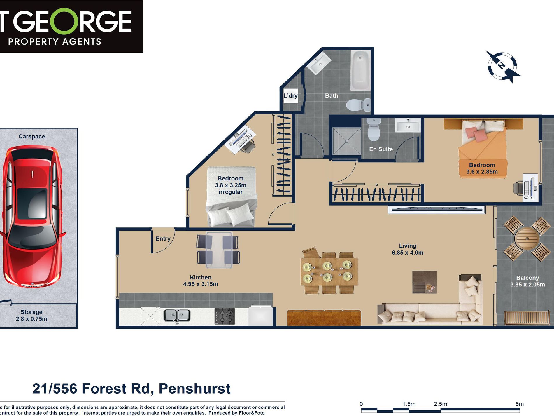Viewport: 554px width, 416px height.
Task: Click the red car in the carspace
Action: click(x=32, y=216)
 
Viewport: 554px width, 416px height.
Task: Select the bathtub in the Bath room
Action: click(x=361, y=71)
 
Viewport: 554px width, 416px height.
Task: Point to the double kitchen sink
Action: click(x=177, y=316)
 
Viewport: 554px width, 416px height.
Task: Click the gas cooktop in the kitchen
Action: click(x=225, y=316)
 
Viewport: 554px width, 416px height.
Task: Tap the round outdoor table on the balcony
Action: click(x=527, y=239)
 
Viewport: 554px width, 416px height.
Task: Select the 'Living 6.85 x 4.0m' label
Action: click(x=408, y=249)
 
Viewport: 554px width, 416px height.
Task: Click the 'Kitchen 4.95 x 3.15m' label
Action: click(x=200, y=281)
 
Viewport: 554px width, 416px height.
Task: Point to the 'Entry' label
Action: click(x=163, y=239)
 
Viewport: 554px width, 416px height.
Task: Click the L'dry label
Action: click(x=290, y=95)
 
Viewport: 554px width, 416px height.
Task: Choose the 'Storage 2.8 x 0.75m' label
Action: click(x=31, y=315)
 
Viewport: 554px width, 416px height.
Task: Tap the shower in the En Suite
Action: click(x=347, y=141)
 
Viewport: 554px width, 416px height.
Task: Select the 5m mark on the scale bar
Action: click(x=519, y=404)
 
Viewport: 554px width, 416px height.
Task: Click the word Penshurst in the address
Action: click(x=194, y=389)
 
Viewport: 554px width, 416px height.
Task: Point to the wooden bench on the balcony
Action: click(x=527, y=318)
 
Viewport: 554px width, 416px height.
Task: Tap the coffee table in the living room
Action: click(x=425, y=282)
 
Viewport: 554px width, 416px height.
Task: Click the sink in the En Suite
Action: click(x=408, y=125)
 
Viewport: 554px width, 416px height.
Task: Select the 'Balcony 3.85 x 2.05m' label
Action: click(x=527, y=281)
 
